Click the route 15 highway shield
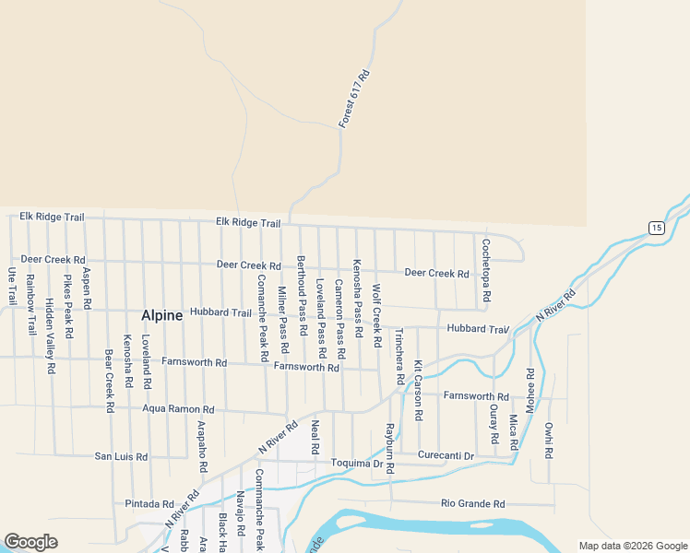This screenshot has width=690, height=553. pyautogui.click(x=656, y=228)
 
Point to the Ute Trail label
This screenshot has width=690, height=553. pyautogui.click(x=12, y=287)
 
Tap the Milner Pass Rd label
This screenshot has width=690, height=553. pyautogui.click(x=283, y=320)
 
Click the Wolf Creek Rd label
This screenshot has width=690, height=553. pyautogui.click(x=376, y=316)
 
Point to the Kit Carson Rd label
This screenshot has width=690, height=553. pyautogui.click(x=418, y=390)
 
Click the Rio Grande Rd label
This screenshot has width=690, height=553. pyautogui.click(x=473, y=504)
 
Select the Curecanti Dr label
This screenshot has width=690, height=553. pyautogui.click(x=446, y=455)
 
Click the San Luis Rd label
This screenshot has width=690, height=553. pyautogui.click(x=121, y=456)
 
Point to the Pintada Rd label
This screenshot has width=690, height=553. pyautogui.click(x=149, y=504)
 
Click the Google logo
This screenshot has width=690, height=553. pyautogui.click(x=31, y=542)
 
